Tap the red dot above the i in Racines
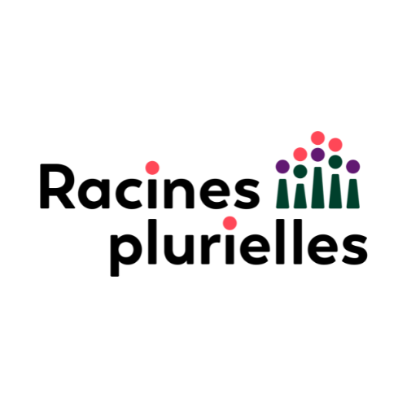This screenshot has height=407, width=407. pos(152,168)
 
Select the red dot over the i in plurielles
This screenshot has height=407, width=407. pos(230,223)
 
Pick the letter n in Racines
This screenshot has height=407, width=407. pos(180,193)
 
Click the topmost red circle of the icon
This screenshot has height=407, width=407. pos(317,138)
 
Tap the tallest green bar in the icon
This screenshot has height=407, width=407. pos(317,188)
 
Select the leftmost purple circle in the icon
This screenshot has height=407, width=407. pos(282,166)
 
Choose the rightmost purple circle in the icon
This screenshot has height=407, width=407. pos(353,166)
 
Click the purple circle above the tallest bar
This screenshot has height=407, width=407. pos(317,155)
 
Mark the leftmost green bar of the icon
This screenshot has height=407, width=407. pos(282,194)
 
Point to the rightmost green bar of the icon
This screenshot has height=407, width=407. pos(353,194)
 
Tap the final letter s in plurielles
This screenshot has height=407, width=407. pos(354,249)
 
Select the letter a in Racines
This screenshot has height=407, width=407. pos(93,193)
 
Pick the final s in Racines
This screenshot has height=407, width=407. pos(247,193)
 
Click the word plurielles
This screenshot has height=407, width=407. pos(239,247)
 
